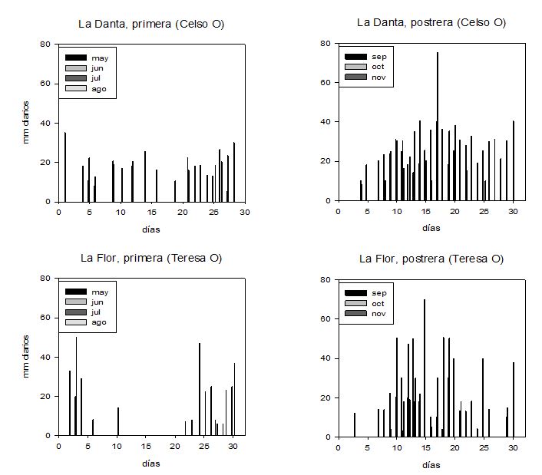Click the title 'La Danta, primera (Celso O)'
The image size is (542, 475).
[x=151, y=24]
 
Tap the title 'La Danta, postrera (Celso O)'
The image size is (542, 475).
[x=431, y=23]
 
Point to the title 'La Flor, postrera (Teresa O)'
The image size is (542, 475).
[x=431, y=259]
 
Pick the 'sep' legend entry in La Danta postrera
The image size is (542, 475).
[x=378, y=56]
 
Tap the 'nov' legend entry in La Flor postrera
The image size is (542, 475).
[x=378, y=312]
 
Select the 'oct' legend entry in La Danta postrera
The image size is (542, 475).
[x=378, y=66]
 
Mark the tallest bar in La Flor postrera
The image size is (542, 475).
[x=425, y=368]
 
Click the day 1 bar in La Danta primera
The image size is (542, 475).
[x=65, y=167]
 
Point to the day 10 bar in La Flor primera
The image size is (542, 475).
[x=118, y=421]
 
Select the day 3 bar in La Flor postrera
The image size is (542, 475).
[x=355, y=425]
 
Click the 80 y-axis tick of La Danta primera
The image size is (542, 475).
[x=45, y=45]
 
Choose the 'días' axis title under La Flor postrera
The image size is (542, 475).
[x=431, y=465]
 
